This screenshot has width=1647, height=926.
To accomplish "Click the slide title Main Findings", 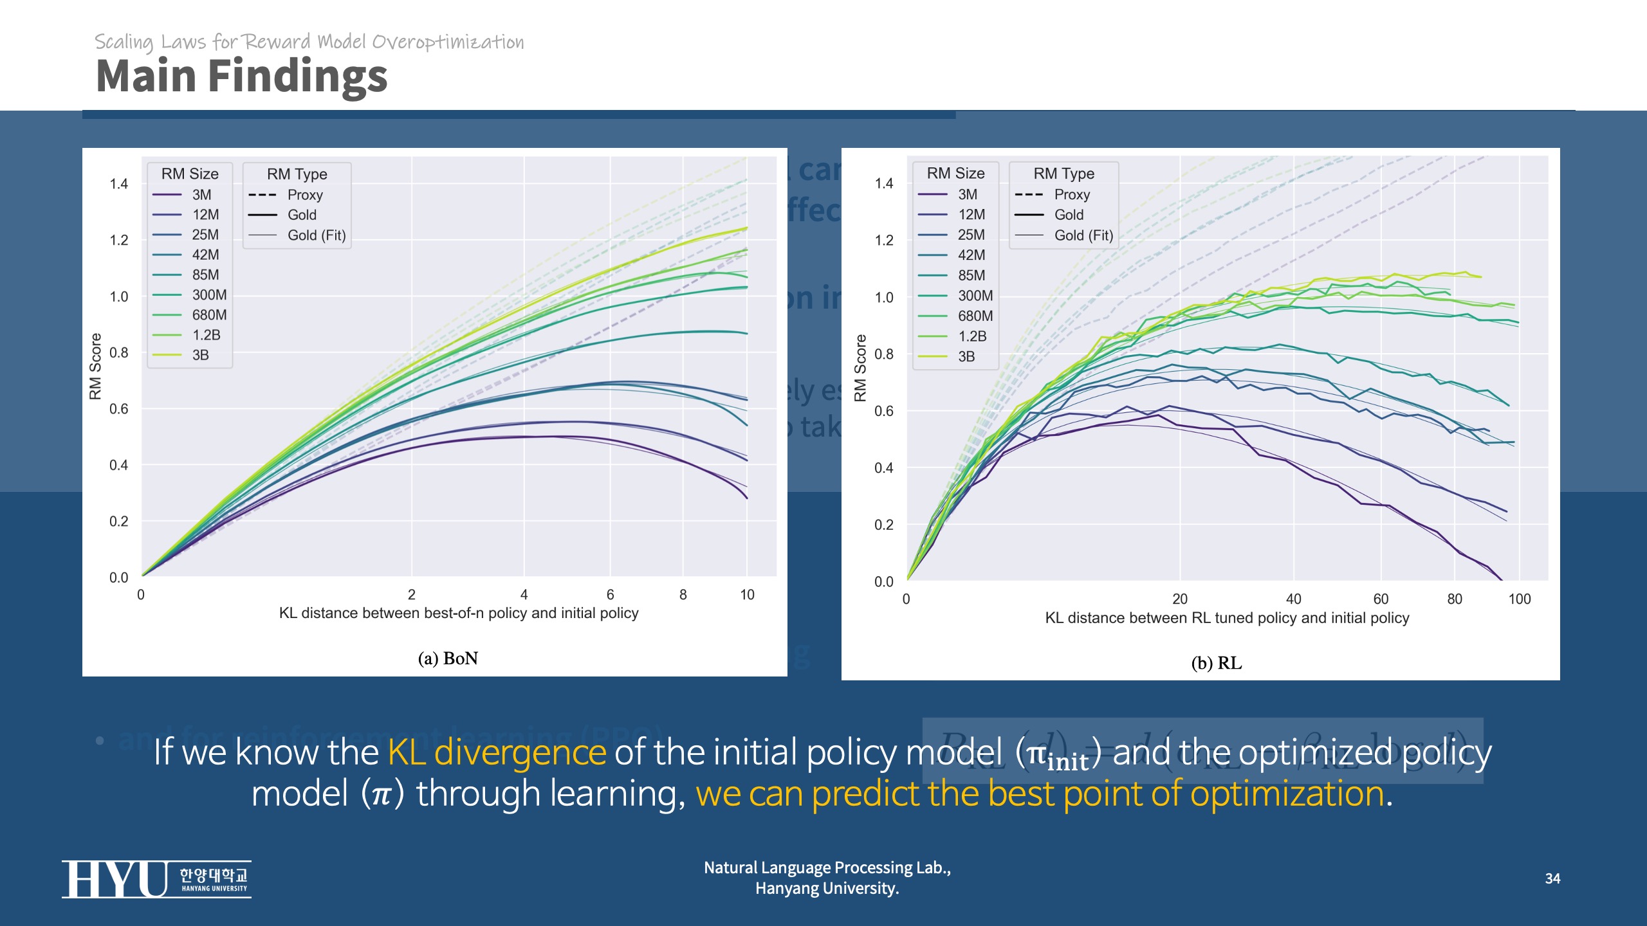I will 241,76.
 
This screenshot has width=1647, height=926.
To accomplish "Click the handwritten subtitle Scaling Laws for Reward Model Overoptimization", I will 309,42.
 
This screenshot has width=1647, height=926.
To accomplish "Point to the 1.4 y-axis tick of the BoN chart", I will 119,184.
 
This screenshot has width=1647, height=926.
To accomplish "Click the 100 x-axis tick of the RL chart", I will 1519,599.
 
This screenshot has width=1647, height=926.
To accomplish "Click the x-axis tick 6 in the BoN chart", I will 610,594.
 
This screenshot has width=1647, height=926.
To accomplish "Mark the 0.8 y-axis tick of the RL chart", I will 884,354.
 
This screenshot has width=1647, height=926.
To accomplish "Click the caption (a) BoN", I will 448,658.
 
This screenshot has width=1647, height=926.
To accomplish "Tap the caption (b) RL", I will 1216,663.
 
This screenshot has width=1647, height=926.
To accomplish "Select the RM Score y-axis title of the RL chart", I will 860,368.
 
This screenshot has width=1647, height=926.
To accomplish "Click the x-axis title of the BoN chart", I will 458,613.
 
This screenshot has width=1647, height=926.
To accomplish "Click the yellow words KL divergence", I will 497,752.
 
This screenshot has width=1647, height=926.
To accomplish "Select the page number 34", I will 1552,878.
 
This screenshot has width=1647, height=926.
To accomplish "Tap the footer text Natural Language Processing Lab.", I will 827,867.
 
